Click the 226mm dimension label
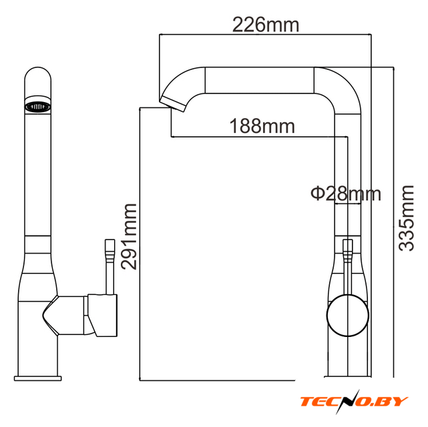click(x=266, y=25)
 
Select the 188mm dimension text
click(x=262, y=126)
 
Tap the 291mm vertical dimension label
click(x=129, y=237)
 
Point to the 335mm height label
click(x=406, y=218)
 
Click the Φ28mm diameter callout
click(x=346, y=193)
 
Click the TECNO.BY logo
click(x=354, y=402)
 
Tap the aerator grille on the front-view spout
click(x=37, y=106)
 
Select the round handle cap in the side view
click(x=347, y=316)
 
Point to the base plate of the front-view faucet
click(x=37, y=378)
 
